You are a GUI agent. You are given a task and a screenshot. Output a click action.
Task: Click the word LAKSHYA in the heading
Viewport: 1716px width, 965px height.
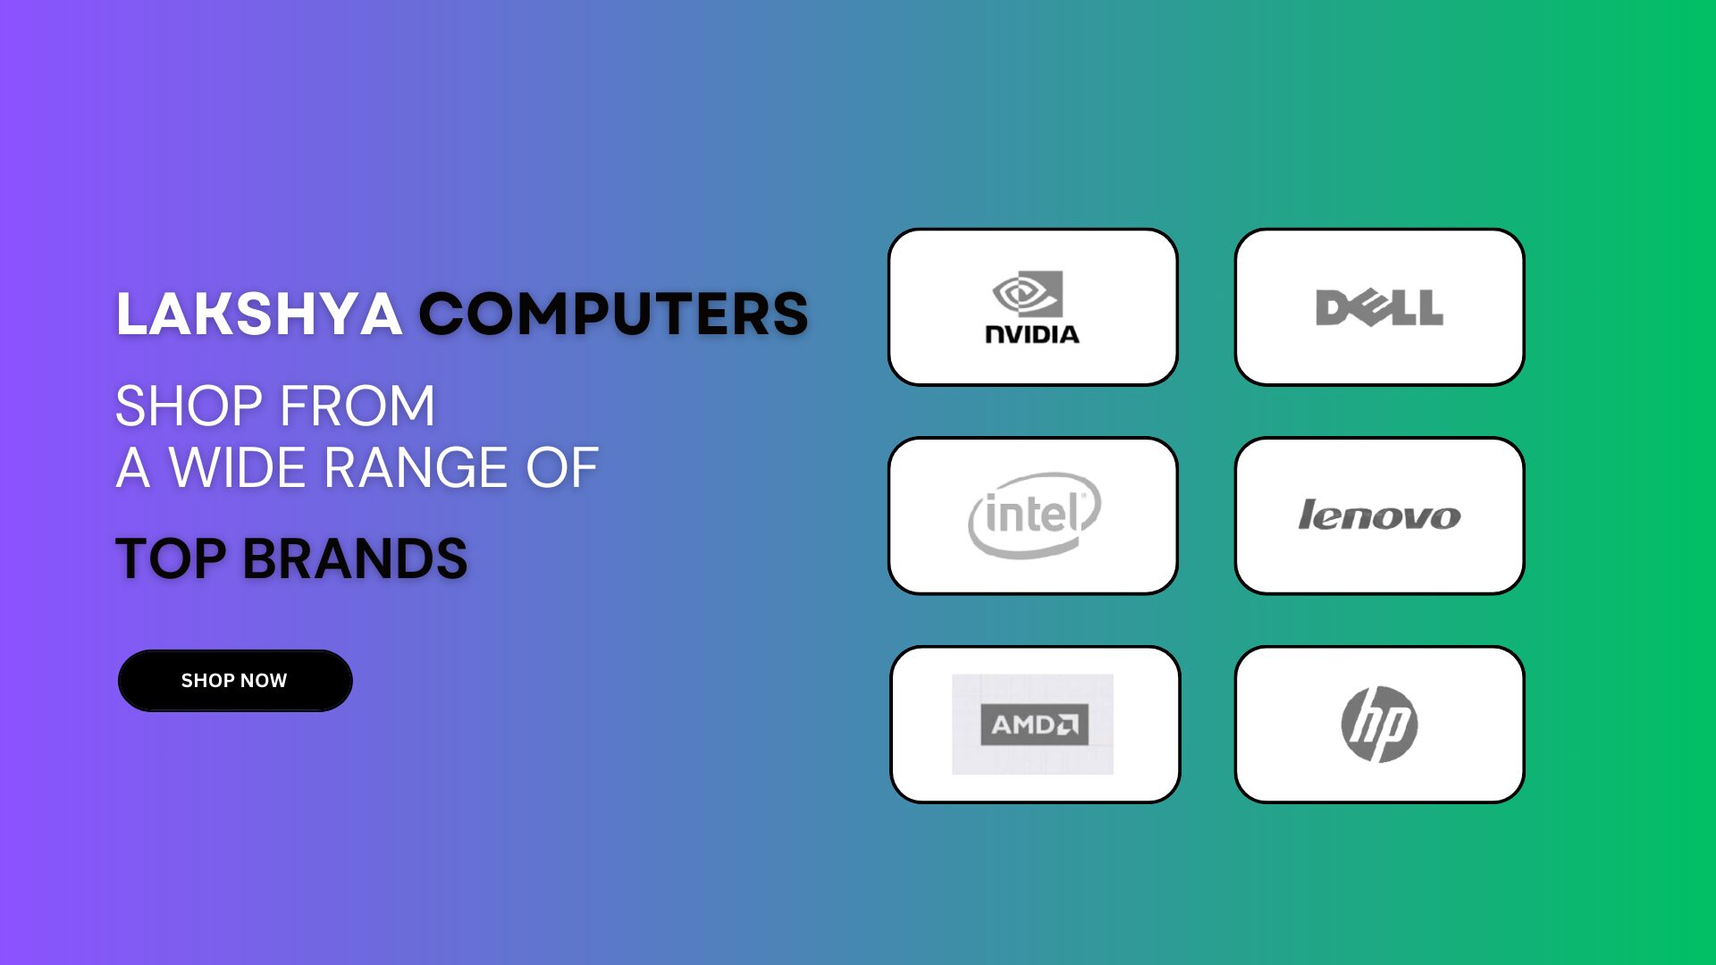(x=259, y=315)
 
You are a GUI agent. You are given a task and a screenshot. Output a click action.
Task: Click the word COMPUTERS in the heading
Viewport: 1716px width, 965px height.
(x=614, y=315)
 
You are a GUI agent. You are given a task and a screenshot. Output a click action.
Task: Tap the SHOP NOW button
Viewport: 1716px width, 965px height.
(x=235, y=681)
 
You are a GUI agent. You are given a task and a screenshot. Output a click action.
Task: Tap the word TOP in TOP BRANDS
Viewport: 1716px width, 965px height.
(x=171, y=558)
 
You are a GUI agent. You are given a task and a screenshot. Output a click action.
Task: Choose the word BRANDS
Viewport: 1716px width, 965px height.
(x=355, y=558)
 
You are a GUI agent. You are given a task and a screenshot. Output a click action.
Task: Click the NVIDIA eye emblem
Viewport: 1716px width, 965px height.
(x=1028, y=294)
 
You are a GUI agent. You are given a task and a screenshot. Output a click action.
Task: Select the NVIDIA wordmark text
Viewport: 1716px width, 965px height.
(x=1032, y=334)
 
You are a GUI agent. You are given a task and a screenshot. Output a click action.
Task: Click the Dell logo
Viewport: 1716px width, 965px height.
(x=1379, y=307)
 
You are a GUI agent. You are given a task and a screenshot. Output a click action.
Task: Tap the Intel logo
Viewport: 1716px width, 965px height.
(x=1034, y=516)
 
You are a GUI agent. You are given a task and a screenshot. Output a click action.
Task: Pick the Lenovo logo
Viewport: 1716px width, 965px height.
(x=1379, y=516)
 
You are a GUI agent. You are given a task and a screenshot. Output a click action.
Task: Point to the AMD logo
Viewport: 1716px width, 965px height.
(x=1034, y=725)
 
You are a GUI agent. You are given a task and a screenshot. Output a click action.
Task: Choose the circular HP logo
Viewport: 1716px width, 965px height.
(x=1379, y=725)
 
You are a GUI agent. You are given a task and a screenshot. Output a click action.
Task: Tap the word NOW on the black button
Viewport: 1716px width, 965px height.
(x=265, y=681)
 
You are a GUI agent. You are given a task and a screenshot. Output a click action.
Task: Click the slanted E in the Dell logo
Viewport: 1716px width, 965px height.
(x=1367, y=307)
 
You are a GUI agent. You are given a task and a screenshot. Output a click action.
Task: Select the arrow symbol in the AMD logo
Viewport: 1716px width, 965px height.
(x=1067, y=725)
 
